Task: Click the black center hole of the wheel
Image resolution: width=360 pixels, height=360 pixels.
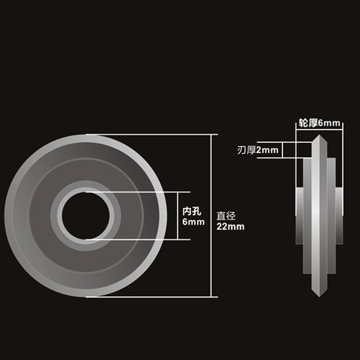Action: click(85, 216)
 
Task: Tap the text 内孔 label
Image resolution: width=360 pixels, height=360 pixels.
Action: click(192, 211)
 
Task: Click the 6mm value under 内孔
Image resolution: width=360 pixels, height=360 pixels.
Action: click(193, 222)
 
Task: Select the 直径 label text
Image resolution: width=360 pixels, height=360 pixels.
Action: click(226, 216)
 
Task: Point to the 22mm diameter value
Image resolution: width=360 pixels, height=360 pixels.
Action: click(230, 227)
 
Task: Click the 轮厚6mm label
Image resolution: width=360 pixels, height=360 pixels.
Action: click(319, 123)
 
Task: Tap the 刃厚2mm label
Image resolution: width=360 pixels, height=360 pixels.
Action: click(258, 150)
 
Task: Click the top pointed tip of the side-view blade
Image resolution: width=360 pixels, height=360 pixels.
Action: click(319, 135)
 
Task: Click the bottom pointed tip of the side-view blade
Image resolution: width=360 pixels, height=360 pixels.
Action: click(319, 297)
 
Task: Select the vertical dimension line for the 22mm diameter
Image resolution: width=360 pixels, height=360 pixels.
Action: click(211, 216)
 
